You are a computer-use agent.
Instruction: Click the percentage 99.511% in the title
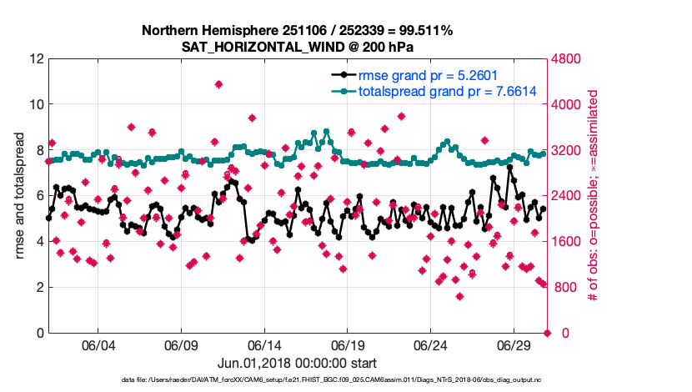tap(422, 31)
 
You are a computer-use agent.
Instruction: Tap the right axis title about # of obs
tap(594, 196)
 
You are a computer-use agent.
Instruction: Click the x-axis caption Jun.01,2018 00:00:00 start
tap(297, 364)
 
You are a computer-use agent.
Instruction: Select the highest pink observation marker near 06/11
tap(218, 84)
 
